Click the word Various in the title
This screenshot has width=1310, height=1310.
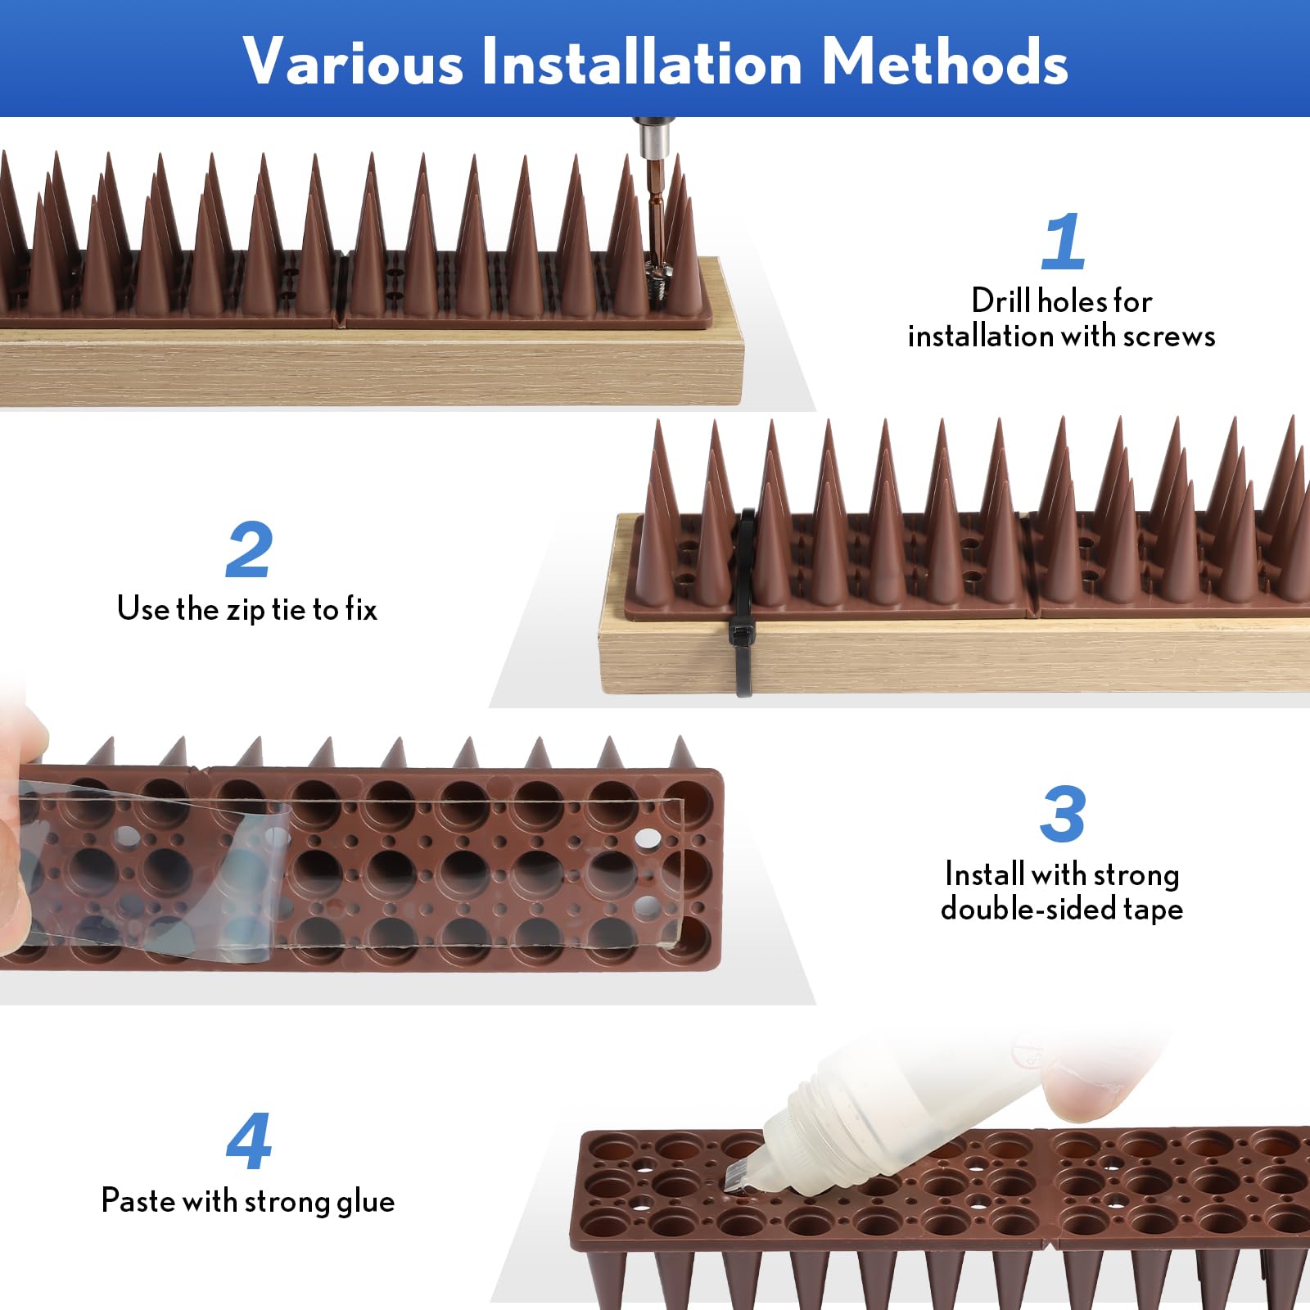[353, 61]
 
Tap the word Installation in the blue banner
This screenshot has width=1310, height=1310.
[642, 61]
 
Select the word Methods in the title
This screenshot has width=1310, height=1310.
[945, 61]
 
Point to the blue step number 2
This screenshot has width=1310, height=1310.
[248, 549]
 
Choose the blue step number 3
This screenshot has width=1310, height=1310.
[1063, 814]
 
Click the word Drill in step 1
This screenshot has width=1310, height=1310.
[1000, 300]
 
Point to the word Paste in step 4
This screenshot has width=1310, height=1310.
[138, 1201]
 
